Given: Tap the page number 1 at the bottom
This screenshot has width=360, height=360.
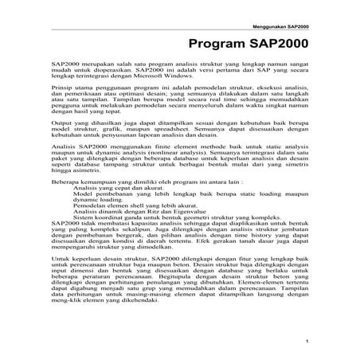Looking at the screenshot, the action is click(x=308, y=342).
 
